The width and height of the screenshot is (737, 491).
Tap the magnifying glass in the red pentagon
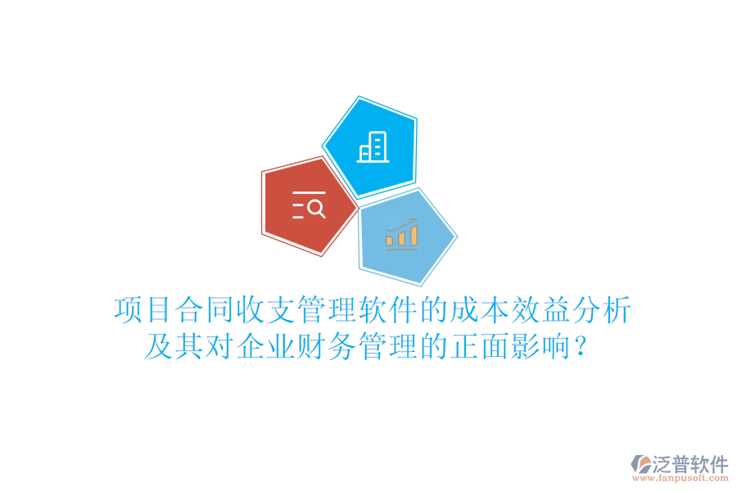316,209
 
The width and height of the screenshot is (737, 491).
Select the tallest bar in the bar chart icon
414,235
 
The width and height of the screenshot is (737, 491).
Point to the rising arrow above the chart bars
403,223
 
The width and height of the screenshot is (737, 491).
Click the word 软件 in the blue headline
393,311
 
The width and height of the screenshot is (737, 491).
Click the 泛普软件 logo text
690,464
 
